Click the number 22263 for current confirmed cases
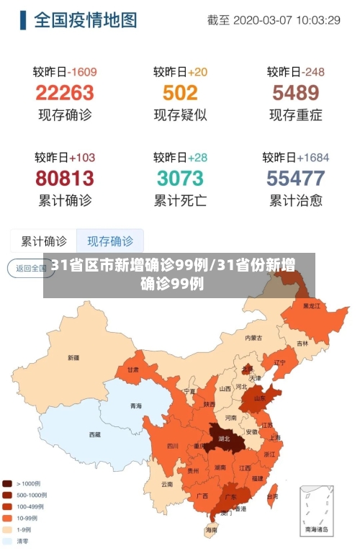tap(65, 93)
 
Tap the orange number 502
tap(180, 93)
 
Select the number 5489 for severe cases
tap(295, 93)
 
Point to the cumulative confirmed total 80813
tap(65, 178)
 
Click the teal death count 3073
tap(180, 178)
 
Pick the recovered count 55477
tap(295, 178)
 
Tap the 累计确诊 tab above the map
tap(44, 241)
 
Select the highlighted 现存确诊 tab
tap(110, 241)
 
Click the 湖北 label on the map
tap(223, 439)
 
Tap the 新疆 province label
tap(73, 357)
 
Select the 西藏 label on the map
tap(94, 434)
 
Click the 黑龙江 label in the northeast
tap(311, 306)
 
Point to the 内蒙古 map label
tap(253, 337)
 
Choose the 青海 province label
tap(136, 406)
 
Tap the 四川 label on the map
tap(173, 446)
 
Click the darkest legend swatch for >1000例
tap(8, 484)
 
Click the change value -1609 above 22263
tap(83, 72)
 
